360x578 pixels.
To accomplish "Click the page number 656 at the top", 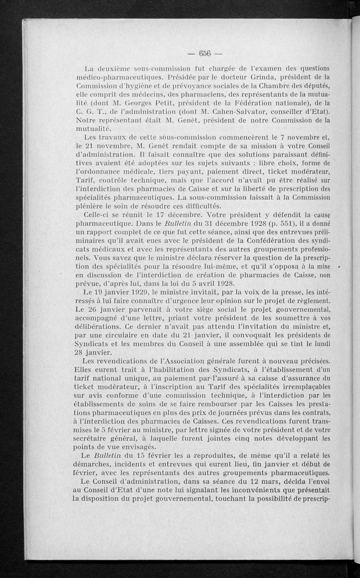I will [205, 53].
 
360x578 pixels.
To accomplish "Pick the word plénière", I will [90, 206].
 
